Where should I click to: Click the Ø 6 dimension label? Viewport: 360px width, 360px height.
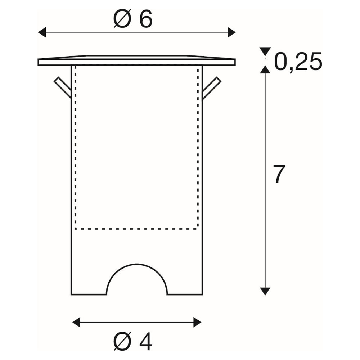(x=133, y=19)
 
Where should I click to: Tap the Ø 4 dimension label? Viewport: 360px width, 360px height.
(x=133, y=341)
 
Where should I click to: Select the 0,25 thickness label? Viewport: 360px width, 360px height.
(x=298, y=62)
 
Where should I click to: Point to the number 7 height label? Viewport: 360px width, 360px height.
(x=279, y=174)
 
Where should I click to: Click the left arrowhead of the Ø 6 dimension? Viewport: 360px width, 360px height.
(x=42, y=32)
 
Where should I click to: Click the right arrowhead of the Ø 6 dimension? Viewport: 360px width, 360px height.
(x=231, y=32)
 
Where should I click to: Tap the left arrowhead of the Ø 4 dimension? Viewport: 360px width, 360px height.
(x=76, y=322)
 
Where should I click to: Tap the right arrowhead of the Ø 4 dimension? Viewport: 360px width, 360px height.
(x=197, y=322)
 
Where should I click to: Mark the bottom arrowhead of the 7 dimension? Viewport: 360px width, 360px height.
(x=265, y=291)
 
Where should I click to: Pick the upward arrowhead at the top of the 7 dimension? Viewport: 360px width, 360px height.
(x=265, y=69)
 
